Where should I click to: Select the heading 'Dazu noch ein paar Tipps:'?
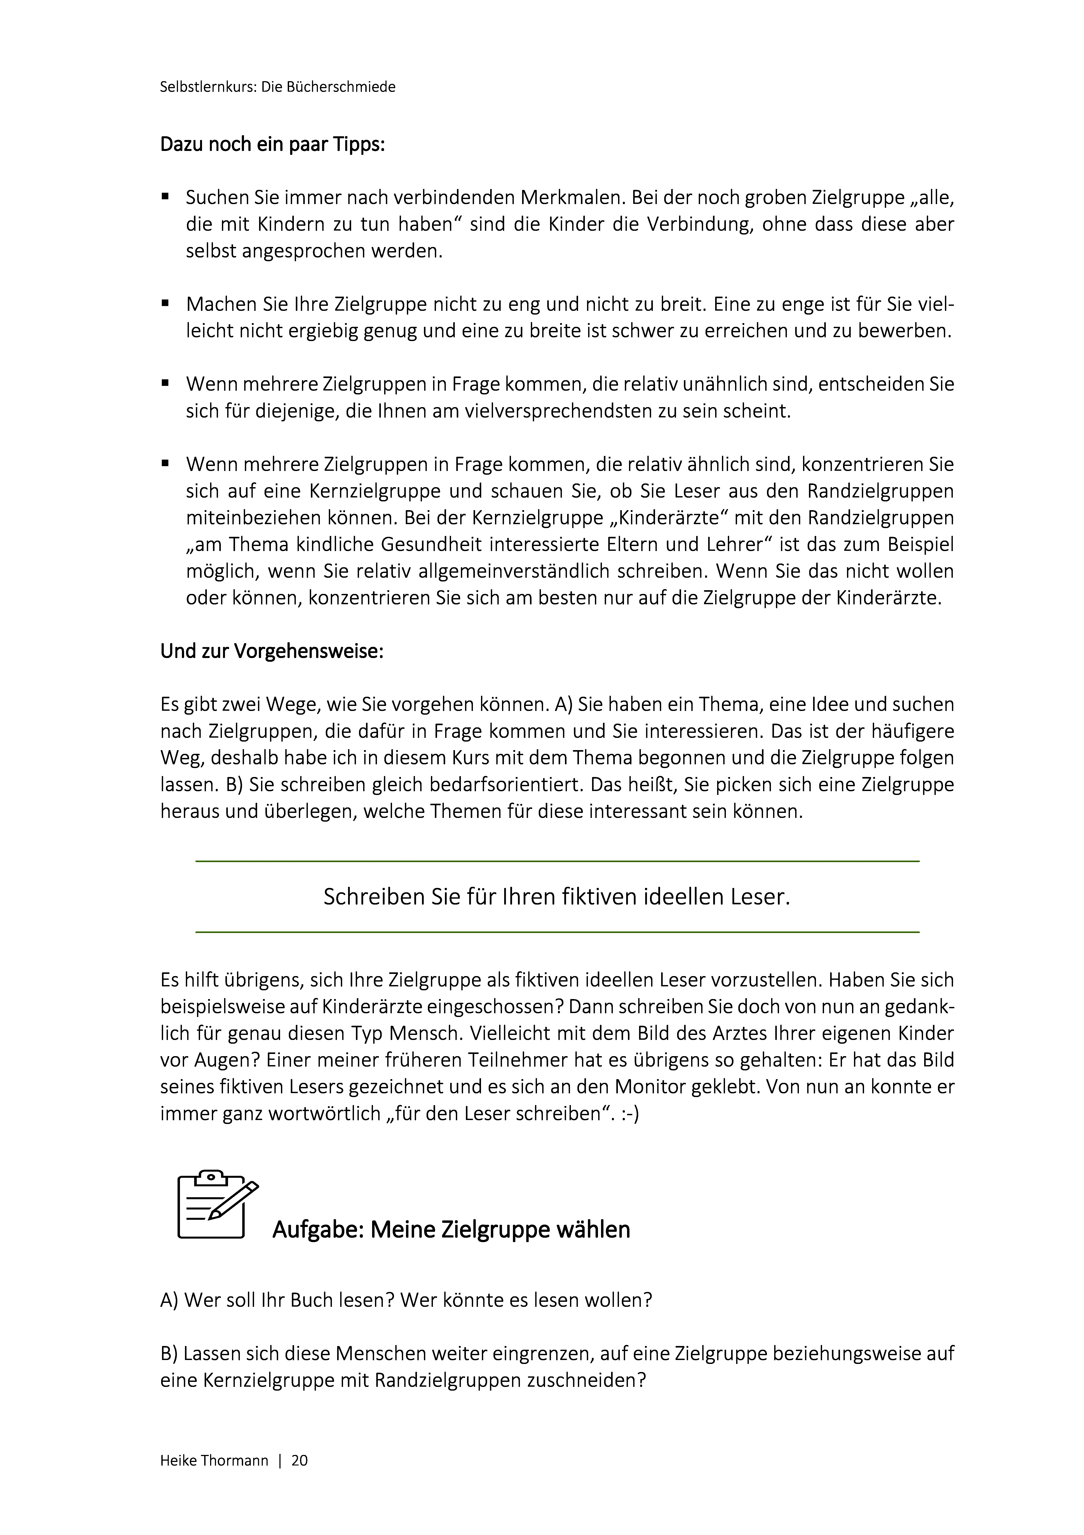coord(272,144)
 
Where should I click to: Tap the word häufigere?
coord(913,731)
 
